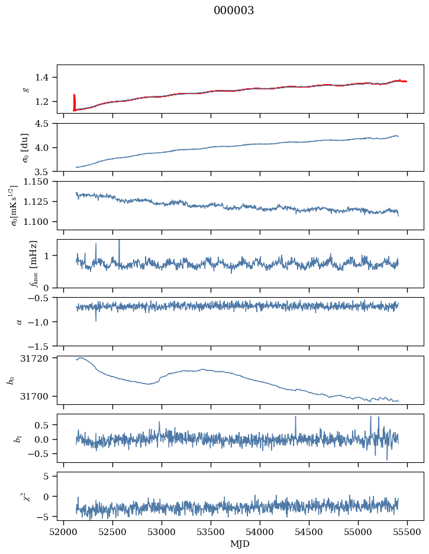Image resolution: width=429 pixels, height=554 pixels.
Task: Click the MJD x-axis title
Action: [x=240, y=544]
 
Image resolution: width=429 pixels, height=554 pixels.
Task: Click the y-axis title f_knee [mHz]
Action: [x=33, y=263]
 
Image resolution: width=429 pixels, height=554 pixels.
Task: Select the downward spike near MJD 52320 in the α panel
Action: [x=96, y=320]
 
